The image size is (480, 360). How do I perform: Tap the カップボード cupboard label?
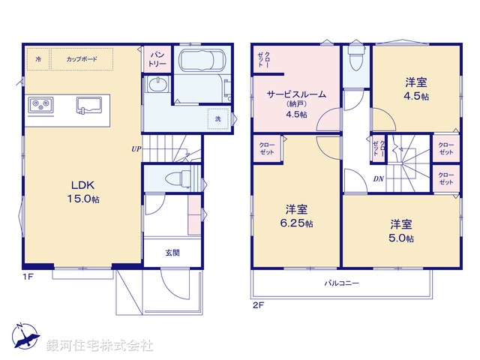(80, 58)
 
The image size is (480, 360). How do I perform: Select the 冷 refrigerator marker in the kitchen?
(38, 58)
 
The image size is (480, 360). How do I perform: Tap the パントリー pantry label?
(157, 58)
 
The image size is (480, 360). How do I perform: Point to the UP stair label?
(136, 148)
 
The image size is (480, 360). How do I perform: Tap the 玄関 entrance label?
(172, 253)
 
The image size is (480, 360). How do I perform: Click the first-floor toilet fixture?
(176, 178)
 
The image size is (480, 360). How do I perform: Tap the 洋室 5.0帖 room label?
(401, 230)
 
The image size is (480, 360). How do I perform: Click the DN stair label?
(379, 179)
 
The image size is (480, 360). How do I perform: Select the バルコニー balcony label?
(342, 283)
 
